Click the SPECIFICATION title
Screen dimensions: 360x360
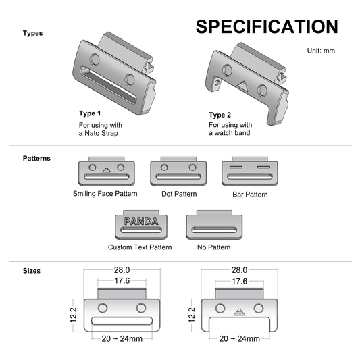click(267, 26)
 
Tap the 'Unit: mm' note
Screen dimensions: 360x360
click(321, 51)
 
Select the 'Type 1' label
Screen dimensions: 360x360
click(90, 113)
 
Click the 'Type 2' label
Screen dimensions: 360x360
click(220, 115)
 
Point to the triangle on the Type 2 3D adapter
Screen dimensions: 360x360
click(242, 85)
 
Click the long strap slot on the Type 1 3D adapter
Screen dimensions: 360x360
click(108, 84)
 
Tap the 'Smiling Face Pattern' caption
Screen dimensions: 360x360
click(105, 194)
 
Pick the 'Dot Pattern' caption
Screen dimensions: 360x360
click(179, 194)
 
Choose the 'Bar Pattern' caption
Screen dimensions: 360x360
click(250, 195)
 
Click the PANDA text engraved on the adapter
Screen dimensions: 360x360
click(141, 222)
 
